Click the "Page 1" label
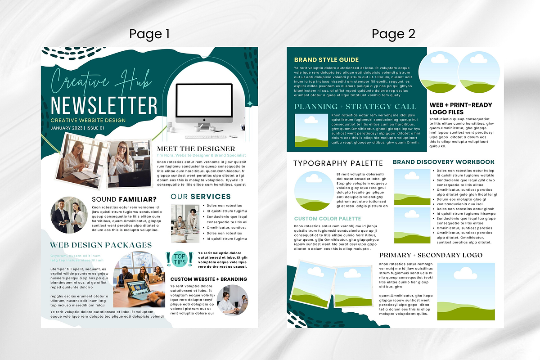[x=149, y=34]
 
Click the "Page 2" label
[x=393, y=34]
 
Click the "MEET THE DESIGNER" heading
[x=196, y=148]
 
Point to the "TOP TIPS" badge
[x=180, y=259]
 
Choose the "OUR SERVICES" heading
[x=200, y=197]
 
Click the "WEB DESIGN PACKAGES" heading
[x=101, y=245]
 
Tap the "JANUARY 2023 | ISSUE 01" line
[x=77, y=128]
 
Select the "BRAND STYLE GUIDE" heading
[x=326, y=59]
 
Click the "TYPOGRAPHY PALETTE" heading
[x=338, y=163]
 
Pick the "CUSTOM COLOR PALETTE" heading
[x=328, y=219]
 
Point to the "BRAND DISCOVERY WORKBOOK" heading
[x=443, y=162]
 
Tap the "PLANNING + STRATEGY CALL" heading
[x=355, y=107]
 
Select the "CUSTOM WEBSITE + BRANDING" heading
[x=208, y=279]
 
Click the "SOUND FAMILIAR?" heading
[x=124, y=199]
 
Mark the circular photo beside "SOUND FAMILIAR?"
[x=69, y=215]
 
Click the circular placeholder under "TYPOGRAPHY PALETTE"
[x=314, y=191]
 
